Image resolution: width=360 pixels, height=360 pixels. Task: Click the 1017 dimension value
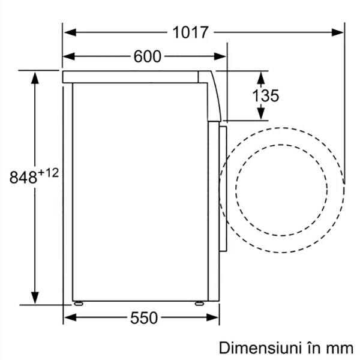pos(190,32)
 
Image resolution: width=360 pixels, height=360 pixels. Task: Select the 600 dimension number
pos(148,56)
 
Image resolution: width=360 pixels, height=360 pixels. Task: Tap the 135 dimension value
pos(265,95)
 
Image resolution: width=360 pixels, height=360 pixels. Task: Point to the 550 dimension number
pos(144,318)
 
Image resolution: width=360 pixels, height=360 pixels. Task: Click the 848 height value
pos(23,177)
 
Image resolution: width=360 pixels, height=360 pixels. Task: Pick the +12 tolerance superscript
pos(48,173)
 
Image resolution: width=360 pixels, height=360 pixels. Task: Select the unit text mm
pos(340,349)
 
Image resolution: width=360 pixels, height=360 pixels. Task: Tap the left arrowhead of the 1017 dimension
pos(70,32)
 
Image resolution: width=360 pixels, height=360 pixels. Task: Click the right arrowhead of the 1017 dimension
pos(337,32)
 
